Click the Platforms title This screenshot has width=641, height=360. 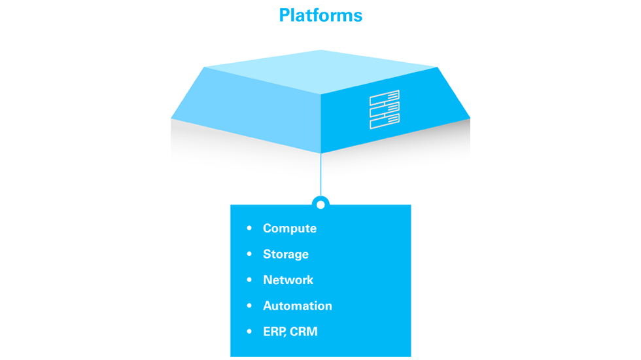click(x=320, y=15)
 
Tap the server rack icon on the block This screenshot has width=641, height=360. click(x=385, y=110)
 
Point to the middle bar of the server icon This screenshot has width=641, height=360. click(x=385, y=110)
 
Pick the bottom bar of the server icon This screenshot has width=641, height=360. click(x=385, y=121)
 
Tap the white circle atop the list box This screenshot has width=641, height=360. click(x=320, y=205)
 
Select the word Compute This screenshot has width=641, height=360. click(x=290, y=228)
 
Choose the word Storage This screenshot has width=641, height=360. click(x=286, y=254)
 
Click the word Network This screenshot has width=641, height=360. click(x=288, y=280)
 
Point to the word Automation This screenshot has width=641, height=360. click(x=298, y=306)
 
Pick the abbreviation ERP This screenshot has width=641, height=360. click(x=274, y=332)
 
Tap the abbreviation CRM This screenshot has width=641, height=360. click(x=304, y=332)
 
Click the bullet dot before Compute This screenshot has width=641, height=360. click(x=249, y=228)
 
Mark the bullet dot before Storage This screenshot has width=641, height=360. click(x=249, y=254)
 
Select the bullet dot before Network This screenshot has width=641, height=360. click(x=249, y=280)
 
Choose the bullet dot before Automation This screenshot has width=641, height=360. click(x=249, y=306)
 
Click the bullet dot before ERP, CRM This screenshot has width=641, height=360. click(x=249, y=332)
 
